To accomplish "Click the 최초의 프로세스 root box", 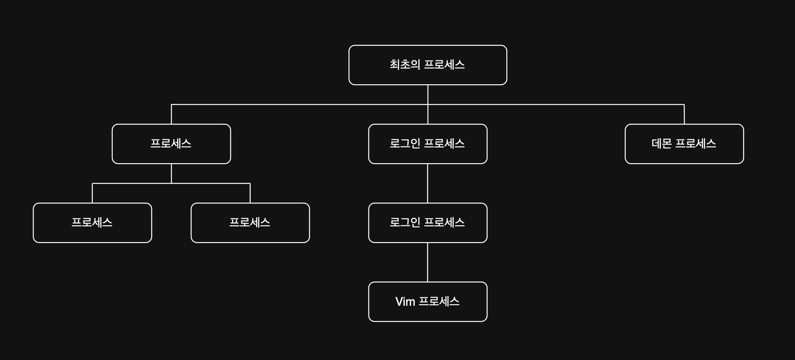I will point(428,65).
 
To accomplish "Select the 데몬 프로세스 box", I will point(684,144).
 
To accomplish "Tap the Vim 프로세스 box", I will point(428,302).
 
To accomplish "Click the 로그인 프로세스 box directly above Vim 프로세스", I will point(428,223).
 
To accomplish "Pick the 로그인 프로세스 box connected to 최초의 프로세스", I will point(428,144).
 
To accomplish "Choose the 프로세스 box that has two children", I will point(171,144).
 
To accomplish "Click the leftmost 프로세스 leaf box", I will point(92,223).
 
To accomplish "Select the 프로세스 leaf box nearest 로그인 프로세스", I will point(250,223).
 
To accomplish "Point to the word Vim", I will point(405,302).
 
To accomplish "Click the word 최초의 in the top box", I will point(405,65).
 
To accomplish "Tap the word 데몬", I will point(661,143).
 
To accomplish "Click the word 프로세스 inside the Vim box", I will point(439,301).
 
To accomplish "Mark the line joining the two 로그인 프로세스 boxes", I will point(428,183).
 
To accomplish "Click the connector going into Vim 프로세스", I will point(428,262).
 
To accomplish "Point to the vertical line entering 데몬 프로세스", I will point(684,114).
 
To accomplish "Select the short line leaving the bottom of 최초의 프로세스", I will point(428,95).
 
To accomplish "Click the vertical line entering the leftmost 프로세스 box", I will point(92,193).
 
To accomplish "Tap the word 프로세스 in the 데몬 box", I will point(696,143).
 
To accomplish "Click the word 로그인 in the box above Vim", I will point(405,222).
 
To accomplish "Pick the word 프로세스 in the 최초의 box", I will point(444,65).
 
